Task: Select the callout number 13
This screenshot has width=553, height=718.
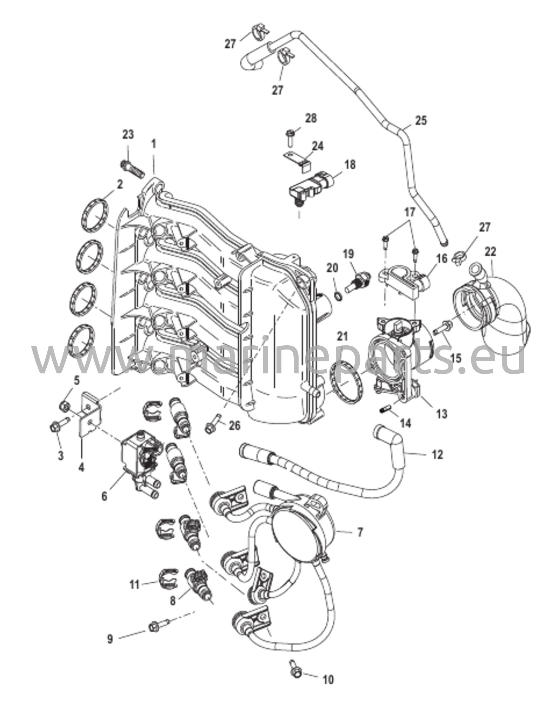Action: click(442, 414)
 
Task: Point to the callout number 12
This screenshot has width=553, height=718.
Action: click(438, 454)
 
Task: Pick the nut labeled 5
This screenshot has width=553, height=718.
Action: click(65, 406)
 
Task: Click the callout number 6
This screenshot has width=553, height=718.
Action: click(104, 496)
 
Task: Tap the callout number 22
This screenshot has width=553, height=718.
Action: click(491, 251)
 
